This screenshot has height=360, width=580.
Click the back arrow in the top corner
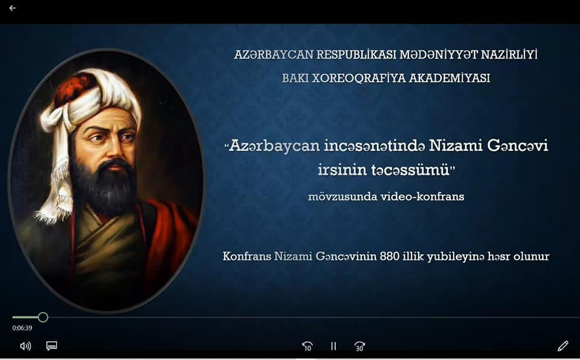coord(12,8)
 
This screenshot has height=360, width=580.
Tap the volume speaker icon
coord(25,346)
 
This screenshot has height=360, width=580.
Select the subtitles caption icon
coord(51,346)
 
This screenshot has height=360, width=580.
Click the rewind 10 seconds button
coord(307,346)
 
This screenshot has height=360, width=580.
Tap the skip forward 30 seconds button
coord(359,346)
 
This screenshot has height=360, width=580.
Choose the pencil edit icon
coord(562,346)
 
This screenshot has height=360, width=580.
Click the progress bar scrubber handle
coord(43,317)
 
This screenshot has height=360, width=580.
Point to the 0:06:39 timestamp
coord(22,328)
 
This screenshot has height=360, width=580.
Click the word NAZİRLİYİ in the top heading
coord(509,54)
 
